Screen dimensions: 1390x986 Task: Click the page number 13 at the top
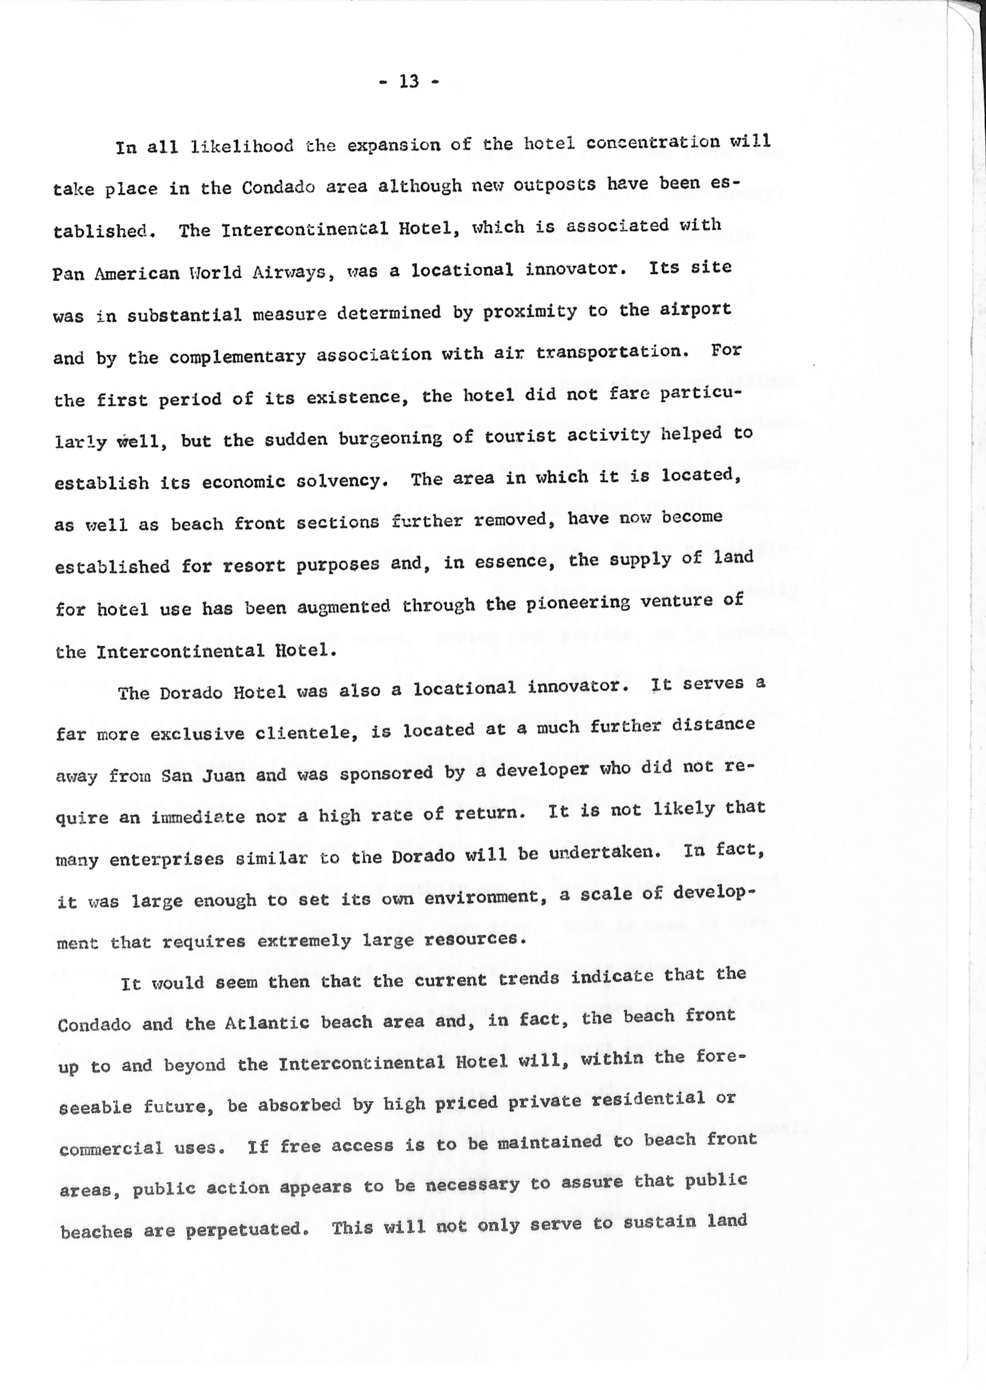[x=409, y=81]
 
